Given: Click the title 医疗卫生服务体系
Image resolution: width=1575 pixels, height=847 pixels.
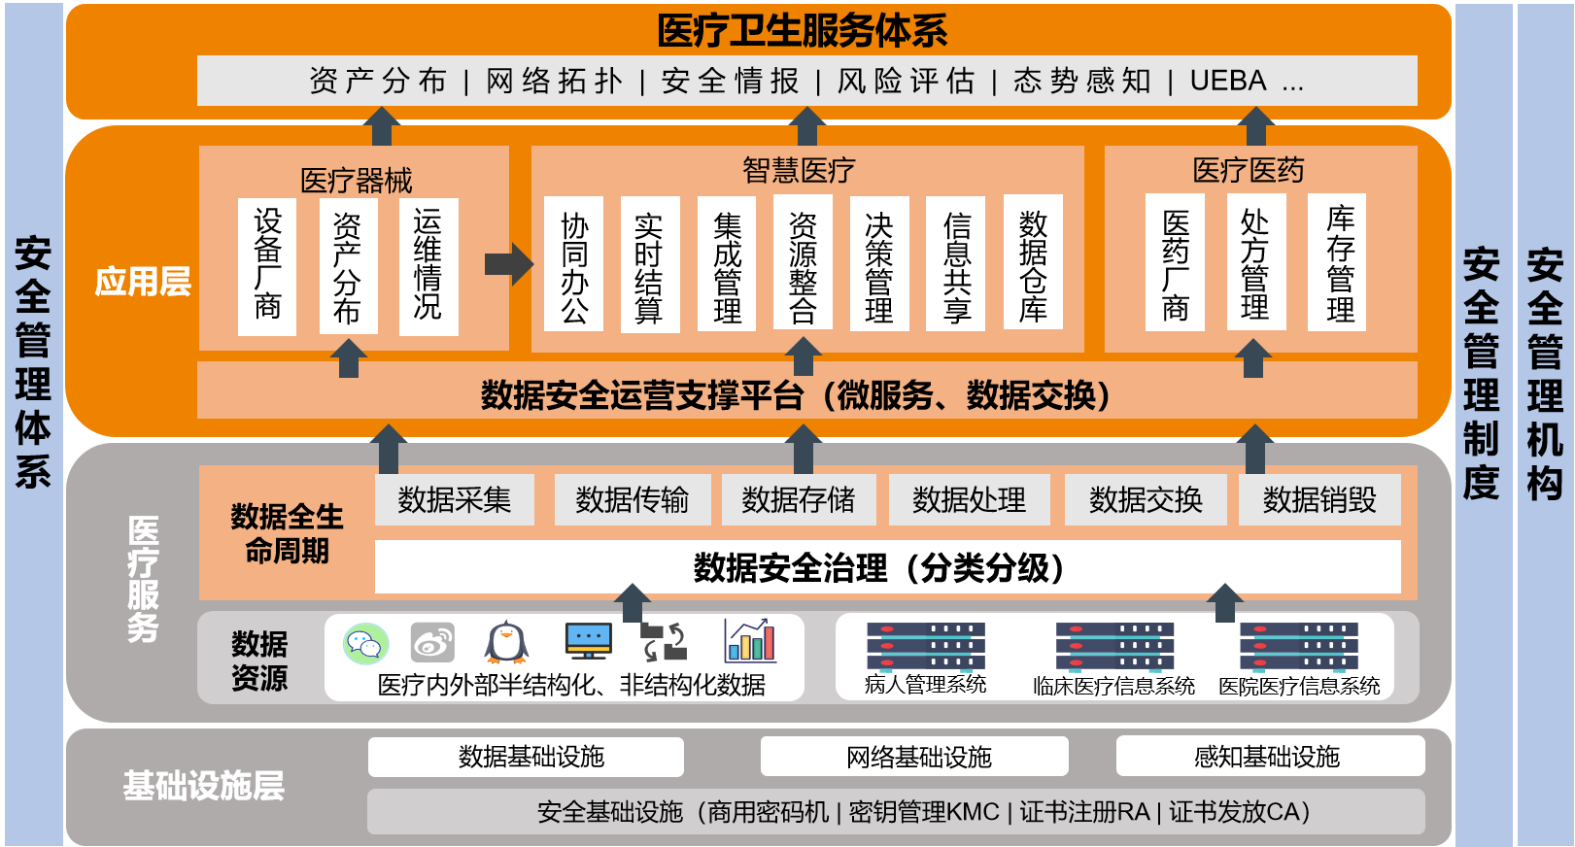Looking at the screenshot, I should pyautogui.click(x=802, y=30).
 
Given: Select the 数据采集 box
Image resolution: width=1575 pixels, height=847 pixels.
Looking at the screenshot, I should pyautogui.click(x=454, y=499).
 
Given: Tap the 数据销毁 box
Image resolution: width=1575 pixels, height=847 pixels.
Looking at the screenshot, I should pyautogui.click(x=1318, y=499).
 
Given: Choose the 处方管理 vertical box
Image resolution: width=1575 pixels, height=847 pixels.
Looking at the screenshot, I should pyautogui.click(x=1255, y=263).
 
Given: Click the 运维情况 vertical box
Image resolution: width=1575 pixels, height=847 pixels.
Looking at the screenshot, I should pyautogui.click(x=428, y=265).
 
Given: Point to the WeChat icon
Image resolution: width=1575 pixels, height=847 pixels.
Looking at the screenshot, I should pyautogui.click(x=365, y=643).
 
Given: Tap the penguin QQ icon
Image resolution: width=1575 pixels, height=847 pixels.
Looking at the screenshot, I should pyautogui.click(x=506, y=642).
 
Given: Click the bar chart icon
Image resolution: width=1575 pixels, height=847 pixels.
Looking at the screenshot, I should pyautogui.click(x=750, y=641).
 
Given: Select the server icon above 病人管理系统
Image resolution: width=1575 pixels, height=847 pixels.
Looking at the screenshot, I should pyautogui.click(x=925, y=646).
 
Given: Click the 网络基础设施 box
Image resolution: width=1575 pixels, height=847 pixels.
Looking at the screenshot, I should pyautogui.click(x=914, y=757).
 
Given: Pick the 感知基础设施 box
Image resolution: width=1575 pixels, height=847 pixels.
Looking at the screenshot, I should pyautogui.click(x=1269, y=757).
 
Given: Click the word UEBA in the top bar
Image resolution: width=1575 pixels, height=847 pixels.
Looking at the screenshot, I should pyautogui.click(x=1228, y=81).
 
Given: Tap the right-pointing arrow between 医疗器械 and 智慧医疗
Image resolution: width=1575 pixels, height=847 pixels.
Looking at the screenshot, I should pyautogui.click(x=509, y=263).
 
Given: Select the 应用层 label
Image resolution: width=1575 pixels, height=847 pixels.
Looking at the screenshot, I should pyautogui.click(x=143, y=282).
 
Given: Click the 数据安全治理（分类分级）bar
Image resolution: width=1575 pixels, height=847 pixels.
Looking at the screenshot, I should pyautogui.click(x=886, y=567).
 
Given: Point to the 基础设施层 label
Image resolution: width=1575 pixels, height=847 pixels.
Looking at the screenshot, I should pyautogui.click(x=203, y=785).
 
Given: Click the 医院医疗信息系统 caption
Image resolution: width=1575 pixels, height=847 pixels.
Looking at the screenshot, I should pyautogui.click(x=1299, y=686).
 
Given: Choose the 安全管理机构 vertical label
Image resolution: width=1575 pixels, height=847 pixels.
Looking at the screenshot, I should pyautogui.click(x=1544, y=374).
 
